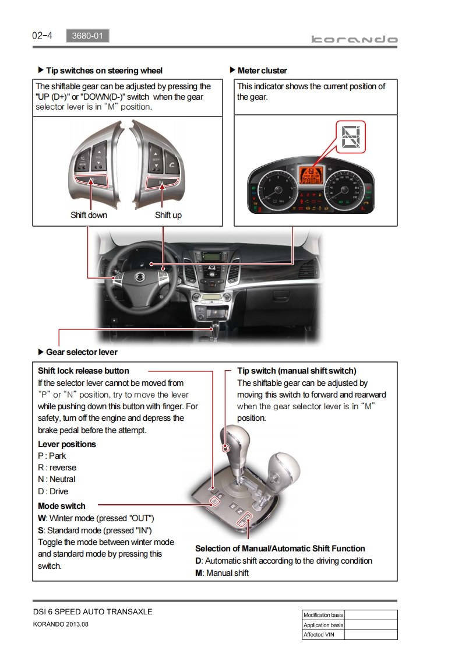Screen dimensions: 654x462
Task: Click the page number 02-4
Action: tap(42, 36)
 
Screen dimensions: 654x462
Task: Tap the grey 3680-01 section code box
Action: tap(87, 36)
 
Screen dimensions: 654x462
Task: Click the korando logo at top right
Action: tap(354, 40)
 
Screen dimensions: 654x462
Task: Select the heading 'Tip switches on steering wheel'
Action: tap(104, 71)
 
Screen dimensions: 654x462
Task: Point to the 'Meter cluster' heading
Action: tap(262, 71)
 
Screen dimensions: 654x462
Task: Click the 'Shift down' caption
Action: tap(89, 215)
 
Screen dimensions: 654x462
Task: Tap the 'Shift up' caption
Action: tap(168, 215)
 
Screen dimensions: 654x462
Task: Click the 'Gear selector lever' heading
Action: tap(82, 352)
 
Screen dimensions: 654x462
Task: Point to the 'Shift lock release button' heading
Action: tap(83, 371)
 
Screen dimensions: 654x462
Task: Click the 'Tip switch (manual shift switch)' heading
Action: tap(297, 371)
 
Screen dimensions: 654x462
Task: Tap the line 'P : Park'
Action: tap(52, 456)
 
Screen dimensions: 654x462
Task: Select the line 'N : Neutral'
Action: tap(57, 479)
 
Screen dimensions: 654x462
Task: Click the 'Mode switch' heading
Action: tap(61, 506)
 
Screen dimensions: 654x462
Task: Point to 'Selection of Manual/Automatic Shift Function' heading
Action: tap(280, 548)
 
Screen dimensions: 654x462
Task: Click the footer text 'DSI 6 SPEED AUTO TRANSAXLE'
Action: tap(92, 611)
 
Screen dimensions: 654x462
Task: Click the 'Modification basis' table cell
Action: tap(323, 615)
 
